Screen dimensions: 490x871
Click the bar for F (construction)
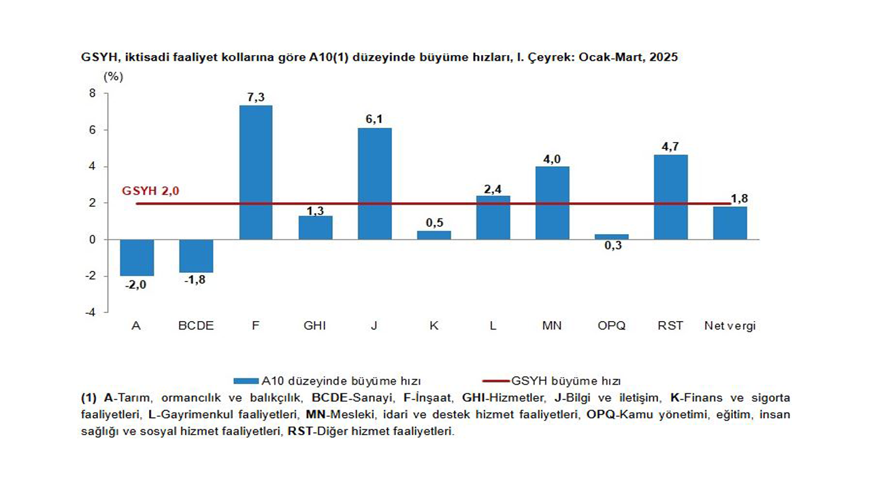256,172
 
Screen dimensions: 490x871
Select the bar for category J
374,184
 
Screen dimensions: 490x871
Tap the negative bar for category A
137,257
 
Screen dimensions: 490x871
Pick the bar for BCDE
196,256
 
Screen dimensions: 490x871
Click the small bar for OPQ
612,237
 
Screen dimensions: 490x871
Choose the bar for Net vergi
730,223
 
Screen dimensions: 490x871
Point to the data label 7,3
256,97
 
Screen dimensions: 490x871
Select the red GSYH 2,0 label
150,191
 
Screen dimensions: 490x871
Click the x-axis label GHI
314,326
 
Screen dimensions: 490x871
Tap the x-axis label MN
552,326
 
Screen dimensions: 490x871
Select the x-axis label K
433,326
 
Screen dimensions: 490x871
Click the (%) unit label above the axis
113,76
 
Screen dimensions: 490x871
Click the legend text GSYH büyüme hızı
565,381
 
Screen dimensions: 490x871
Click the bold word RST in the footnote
299,431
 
